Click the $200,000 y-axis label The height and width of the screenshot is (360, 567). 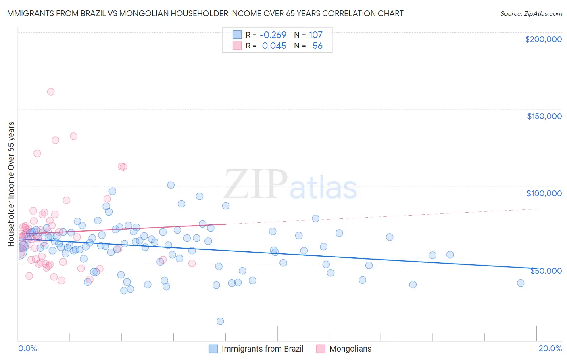[543, 39]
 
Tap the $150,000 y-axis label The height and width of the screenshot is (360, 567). [544, 116]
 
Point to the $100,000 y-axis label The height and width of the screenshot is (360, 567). [544, 193]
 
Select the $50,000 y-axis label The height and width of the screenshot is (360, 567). [546, 270]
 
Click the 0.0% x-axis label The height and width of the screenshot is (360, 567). [27, 348]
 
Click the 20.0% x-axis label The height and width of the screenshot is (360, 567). [550, 348]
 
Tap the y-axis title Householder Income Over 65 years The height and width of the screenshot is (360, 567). [11, 184]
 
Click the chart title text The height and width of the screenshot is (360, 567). [204, 13]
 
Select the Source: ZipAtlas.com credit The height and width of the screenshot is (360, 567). [531, 13]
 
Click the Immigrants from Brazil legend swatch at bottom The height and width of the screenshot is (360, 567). [213, 349]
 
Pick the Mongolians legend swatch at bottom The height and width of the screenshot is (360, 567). [321, 349]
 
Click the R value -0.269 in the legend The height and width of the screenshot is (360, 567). [273, 35]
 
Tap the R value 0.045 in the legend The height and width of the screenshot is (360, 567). [274, 46]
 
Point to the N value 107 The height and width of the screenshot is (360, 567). [315, 35]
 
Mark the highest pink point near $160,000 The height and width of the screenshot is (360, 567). [51, 92]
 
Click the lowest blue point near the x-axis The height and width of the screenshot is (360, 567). [220, 321]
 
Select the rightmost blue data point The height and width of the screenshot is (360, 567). [521, 283]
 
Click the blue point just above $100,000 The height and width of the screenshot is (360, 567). [171, 185]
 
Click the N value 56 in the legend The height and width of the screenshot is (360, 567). [317, 46]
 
